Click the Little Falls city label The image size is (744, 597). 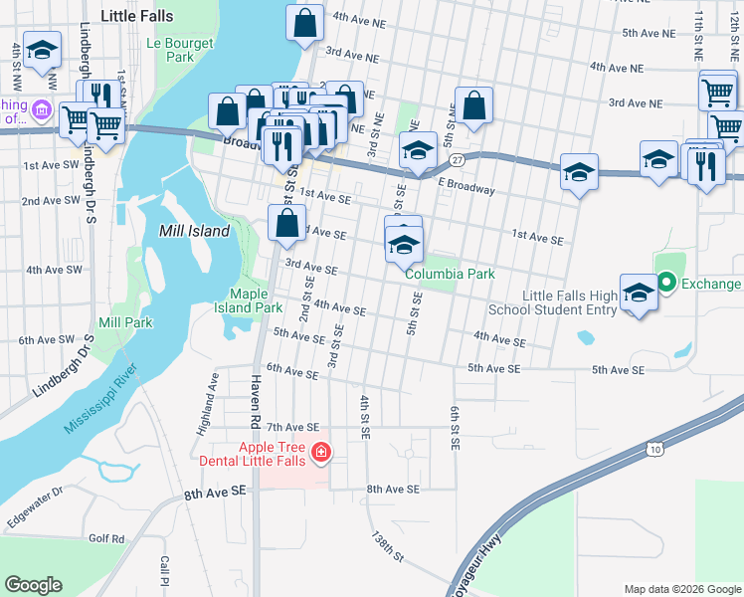click(x=137, y=17)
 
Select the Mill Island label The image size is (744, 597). click(x=194, y=231)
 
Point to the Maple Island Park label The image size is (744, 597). click(x=257, y=300)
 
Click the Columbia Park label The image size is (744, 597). click(x=450, y=274)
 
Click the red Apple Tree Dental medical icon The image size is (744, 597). click(x=321, y=454)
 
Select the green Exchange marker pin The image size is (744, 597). click(x=666, y=284)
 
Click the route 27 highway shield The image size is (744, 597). click(x=457, y=160)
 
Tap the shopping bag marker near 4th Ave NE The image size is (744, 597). click(x=305, y=23)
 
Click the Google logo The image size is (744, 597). click(x=34, y=585)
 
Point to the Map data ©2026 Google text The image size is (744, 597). click(x=681, y=588)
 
